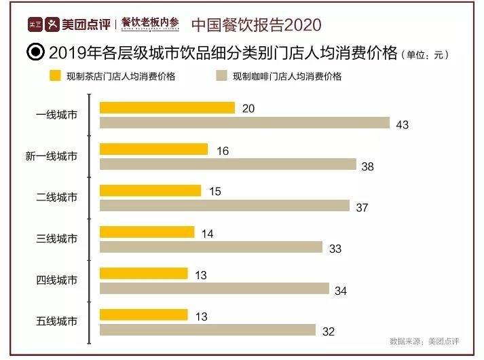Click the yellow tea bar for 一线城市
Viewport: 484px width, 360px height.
coord(167,108)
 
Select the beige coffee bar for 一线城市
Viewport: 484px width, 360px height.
coord(245,123)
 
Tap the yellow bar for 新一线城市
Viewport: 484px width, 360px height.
coord(153,149)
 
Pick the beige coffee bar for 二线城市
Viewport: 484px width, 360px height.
coord(225,206)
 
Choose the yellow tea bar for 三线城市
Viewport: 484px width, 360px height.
coord(147,232)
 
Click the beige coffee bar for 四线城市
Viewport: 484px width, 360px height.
coord(215,289)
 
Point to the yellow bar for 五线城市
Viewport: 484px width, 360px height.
coord(143,315)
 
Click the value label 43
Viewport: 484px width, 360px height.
coord(403,124)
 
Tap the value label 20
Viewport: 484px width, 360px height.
coord(248,109)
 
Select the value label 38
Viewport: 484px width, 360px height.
coord(369,166)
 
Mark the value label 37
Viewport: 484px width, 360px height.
coord(362,207)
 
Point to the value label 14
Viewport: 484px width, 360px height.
coord(207,234)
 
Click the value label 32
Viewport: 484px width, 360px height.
coord(328,331)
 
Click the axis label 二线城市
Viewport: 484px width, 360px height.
coord(56,198)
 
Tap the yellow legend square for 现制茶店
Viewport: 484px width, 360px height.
coord(56,76)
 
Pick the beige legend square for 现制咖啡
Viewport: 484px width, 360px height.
coord(220,76)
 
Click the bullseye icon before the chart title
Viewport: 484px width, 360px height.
coord(35,53)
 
